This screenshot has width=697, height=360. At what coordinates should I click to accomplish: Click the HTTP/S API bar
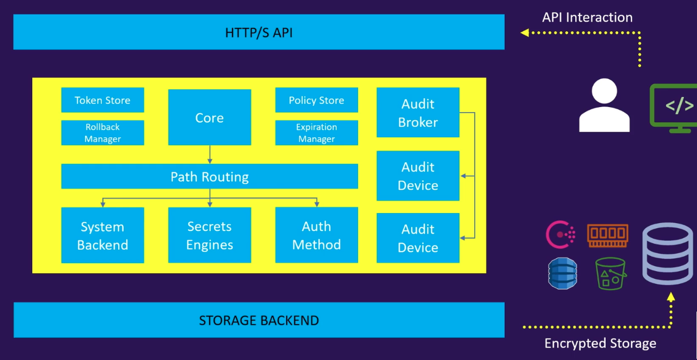259,32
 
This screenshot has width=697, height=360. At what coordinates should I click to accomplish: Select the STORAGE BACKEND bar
259,320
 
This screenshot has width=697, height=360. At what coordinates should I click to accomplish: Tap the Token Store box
103,100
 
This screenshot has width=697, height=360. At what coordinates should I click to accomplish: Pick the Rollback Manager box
103,133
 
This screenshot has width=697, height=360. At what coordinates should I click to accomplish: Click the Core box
209,117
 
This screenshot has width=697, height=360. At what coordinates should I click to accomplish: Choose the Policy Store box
316,100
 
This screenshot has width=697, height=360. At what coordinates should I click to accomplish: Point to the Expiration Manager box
316,133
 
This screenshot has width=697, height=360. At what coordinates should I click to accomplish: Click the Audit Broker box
418,113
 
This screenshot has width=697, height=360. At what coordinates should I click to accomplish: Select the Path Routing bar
209,177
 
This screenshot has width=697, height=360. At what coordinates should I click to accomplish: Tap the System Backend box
103,235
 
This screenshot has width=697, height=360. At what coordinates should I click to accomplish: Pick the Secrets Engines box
209,235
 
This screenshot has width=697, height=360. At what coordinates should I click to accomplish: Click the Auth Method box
316,235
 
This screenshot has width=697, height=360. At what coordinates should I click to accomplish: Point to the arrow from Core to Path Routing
210,154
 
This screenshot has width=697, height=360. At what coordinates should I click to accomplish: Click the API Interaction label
587,17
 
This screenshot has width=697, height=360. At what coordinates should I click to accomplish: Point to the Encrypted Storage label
600,344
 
